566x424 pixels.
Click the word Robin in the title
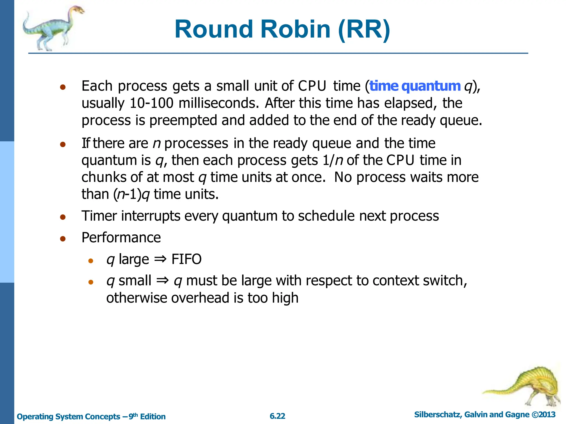(295, 29)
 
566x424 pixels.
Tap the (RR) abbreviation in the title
(364, 29)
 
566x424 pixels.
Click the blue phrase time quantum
(415, 86)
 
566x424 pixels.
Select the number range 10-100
(151, 103)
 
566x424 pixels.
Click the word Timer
(99, 216)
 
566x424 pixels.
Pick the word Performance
(121, 238)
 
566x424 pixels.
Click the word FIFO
(186, 259)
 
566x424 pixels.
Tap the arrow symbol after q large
(160, 259)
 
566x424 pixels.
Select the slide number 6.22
(277, 416)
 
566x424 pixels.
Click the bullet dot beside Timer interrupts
(63, 217)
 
